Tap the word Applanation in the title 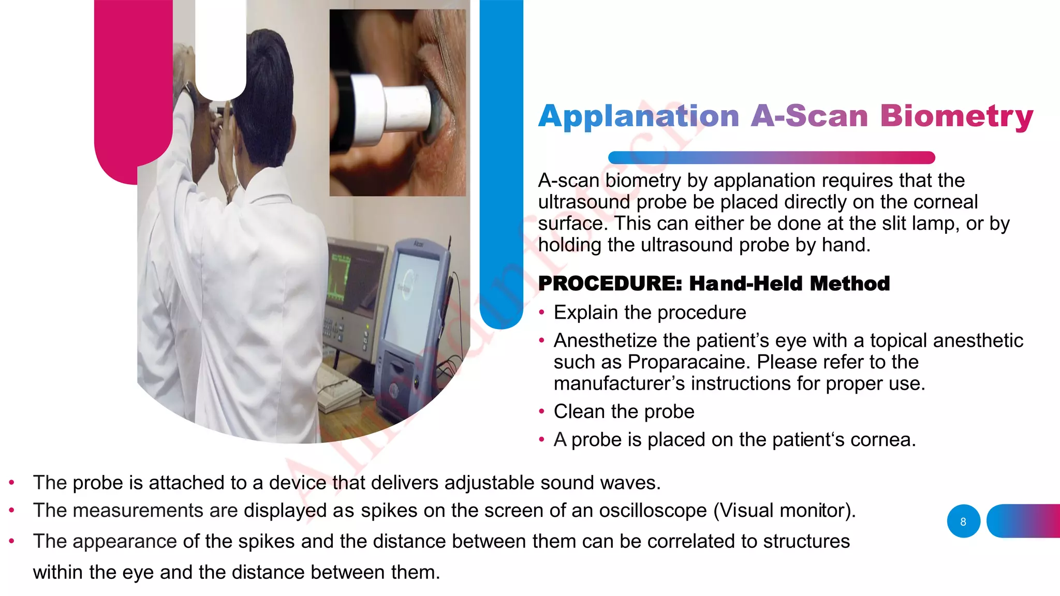point(639,116)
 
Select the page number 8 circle point(963,521)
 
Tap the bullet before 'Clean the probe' point(541,412)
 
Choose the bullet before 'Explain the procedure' point(541,312)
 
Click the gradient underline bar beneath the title point(771,157)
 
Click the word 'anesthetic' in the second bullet point(973,340)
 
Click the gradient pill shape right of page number point(1023,521)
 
